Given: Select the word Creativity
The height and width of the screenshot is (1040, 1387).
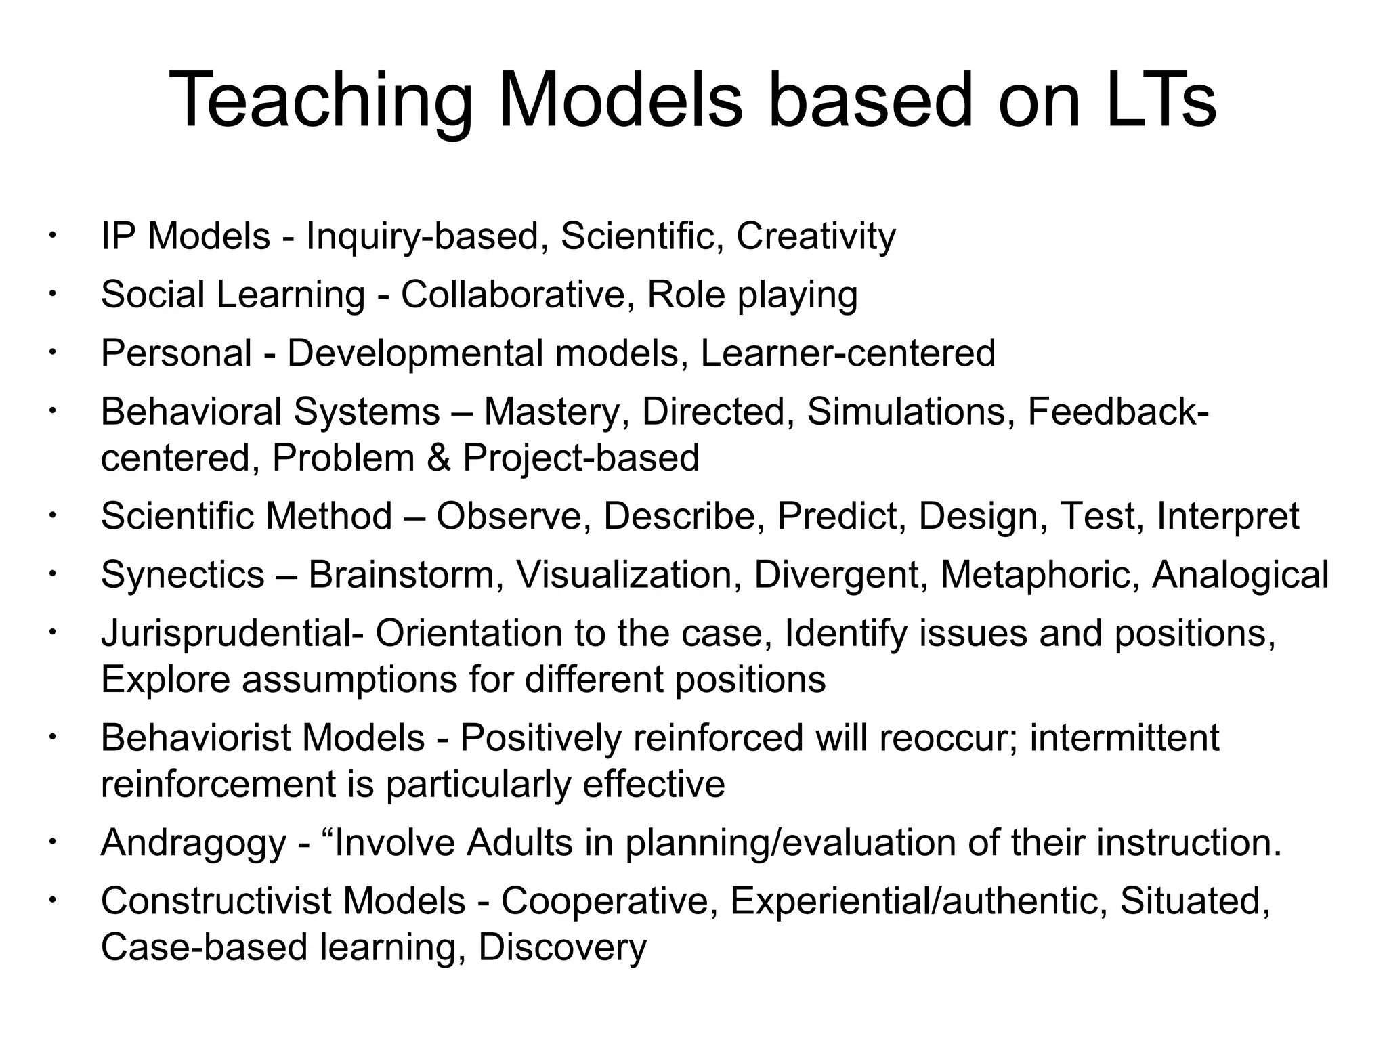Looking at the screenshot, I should click(x=815, y=236).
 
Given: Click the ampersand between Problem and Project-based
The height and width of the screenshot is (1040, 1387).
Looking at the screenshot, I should click(x=439, y=458).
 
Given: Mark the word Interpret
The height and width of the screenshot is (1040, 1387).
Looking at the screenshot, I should click(x=1228, y=517).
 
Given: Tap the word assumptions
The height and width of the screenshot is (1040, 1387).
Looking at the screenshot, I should click(x=349, y=679).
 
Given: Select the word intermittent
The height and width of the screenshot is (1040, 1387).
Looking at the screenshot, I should click(x=1124, y=738).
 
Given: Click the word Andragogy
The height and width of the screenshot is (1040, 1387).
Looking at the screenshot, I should click(x=194, y=844).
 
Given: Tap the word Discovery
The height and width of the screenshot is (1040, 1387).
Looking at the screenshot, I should click(x=563, y=947).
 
